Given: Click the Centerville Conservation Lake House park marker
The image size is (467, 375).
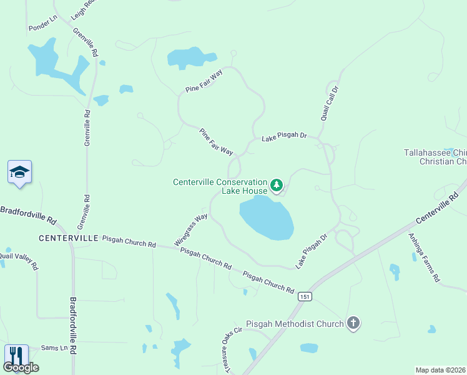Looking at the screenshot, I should (277, 185).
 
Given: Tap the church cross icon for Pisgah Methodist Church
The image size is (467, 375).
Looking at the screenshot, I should (353, 323).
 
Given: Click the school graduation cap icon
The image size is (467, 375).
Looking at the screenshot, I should (19, 172).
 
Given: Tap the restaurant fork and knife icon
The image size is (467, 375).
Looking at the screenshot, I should (15, 356).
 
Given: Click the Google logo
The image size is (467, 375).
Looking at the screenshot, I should (22, 367).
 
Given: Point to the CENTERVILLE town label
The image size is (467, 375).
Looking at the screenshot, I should (68, 238).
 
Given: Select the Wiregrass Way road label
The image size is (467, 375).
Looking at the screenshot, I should (191, 230).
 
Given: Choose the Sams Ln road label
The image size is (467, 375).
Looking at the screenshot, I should (54, 347).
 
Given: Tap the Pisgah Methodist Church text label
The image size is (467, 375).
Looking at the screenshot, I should (295, 324).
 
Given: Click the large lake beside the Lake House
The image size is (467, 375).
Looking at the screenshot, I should (267, 217).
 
